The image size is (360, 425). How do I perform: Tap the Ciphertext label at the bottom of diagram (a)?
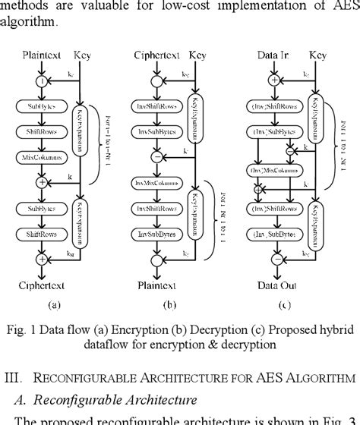tap(40, 285)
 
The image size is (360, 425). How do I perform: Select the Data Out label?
tap(273, 285)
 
